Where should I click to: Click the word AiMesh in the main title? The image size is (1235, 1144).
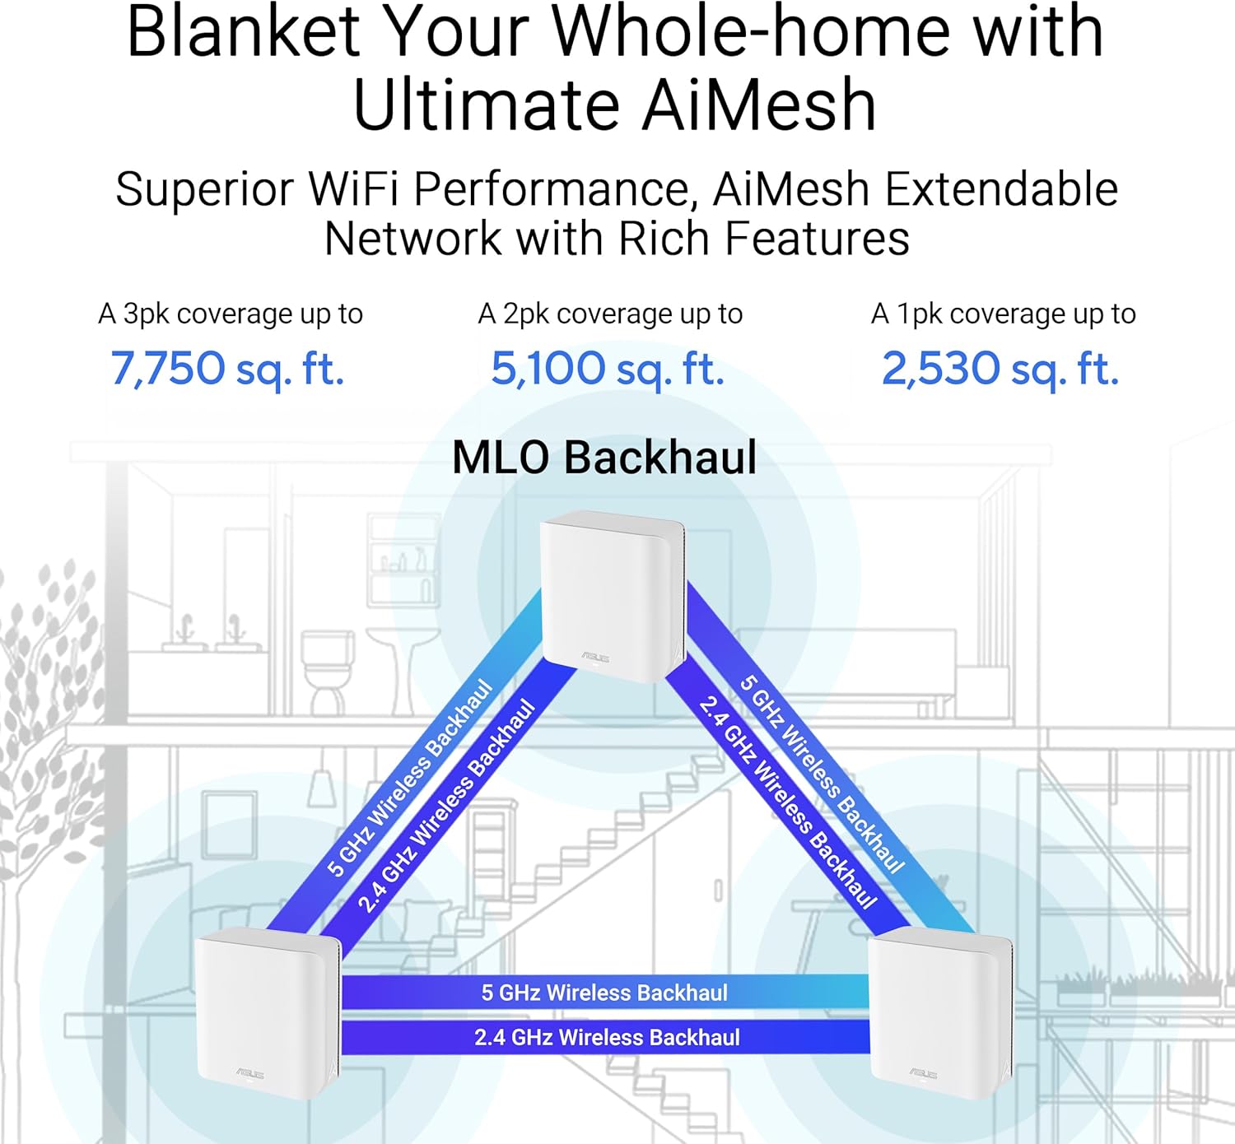pyautogui.click(x=758, y=105)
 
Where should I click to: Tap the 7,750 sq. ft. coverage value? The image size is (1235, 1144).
pyautogui.click(x=227, y=368)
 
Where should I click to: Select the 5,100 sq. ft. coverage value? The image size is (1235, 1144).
pyautogui.click(x=608, y=368)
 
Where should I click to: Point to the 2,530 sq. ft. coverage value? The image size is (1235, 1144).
pyautogui.click(x=1000, y=368)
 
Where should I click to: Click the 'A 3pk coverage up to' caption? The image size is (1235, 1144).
pyautogui.click(x=231, y=314)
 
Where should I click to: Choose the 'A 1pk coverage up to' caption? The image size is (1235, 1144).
pyautogui.click(x=1003, y=314)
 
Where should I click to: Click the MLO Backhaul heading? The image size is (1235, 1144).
pyautogui.click(x=604, y=458)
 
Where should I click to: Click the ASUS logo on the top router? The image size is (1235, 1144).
pyautogui.click(x=595, y=657)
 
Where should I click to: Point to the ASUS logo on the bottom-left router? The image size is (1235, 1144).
pyautogui.click(x=249, y=1072)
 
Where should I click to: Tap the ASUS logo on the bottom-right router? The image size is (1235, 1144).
pyautogui.click(x=923, y=1073)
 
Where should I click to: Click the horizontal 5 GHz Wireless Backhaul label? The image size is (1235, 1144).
pyautogui.click(x=604, y=993)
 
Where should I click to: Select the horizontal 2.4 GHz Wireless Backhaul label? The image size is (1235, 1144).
pyautogui.click(x=607, y=1037)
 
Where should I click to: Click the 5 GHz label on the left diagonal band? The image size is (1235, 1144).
pyautogui.click(x=409, y=778)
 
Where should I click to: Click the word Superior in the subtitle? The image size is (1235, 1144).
pyautogui.click(x=204, y=189)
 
